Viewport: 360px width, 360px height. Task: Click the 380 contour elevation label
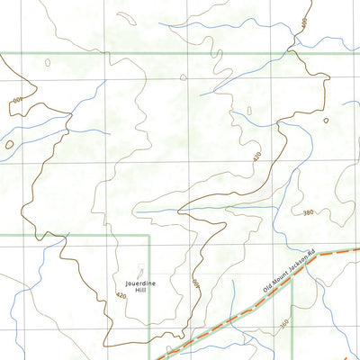pyautogui.click(x=309, y=212)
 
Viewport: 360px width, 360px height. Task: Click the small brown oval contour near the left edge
pyautogui.click(x=9, y=143)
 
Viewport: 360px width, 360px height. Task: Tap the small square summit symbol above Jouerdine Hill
pyautogui.click(x=139, y=267)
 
